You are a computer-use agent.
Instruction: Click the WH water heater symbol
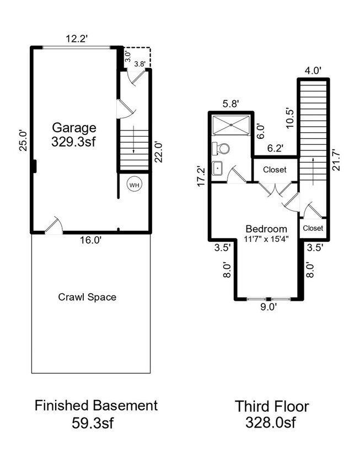tap(134, 185)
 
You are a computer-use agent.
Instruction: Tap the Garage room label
tap(74, 128)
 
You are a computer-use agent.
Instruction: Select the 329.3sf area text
tap(74, 141)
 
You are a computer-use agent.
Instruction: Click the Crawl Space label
tap(87, 297)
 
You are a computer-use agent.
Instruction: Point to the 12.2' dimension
tap(77, 39)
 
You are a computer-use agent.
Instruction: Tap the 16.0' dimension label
tap(90, 240)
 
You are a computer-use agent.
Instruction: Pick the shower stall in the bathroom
tap(232, 125)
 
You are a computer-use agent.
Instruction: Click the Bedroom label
tap(266, 229)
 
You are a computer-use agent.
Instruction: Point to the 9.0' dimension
tap(268, 307)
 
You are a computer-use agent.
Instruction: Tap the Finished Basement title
tap(96, 406)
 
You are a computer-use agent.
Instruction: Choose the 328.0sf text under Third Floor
tap(272, 423)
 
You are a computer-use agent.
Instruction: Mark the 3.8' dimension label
tap(140, 64)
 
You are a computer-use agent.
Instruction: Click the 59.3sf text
tap(96, 423)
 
